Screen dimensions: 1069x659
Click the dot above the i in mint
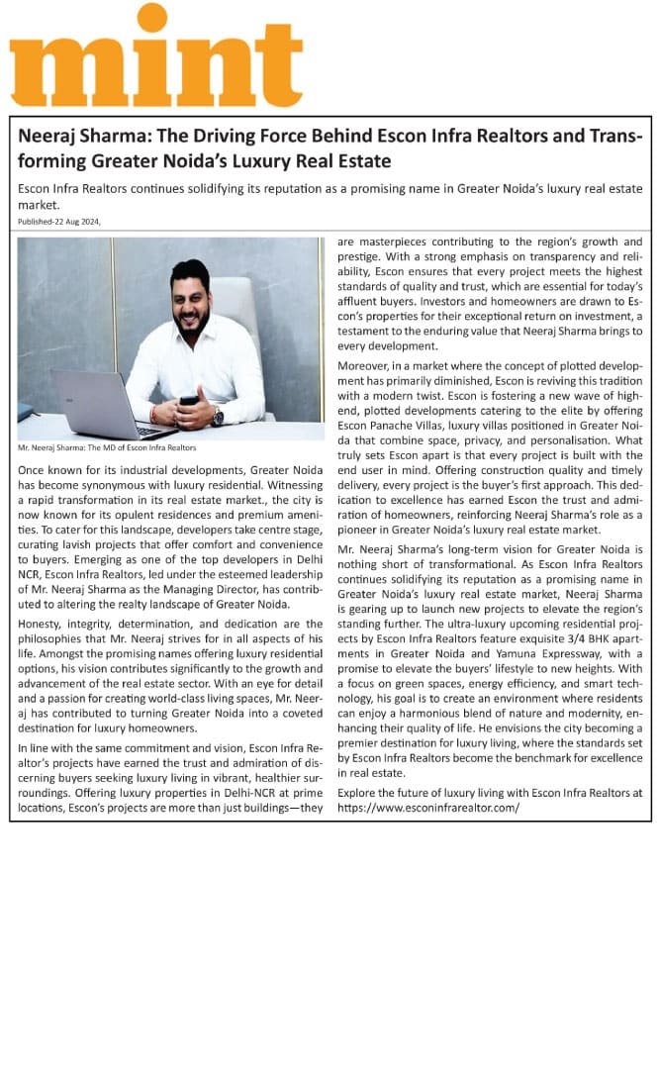tap(151, 17)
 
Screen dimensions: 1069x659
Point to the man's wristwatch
tap(218, 417)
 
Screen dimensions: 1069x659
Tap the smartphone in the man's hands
tap(188, 401)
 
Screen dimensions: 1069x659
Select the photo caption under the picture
tap(107, 448)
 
